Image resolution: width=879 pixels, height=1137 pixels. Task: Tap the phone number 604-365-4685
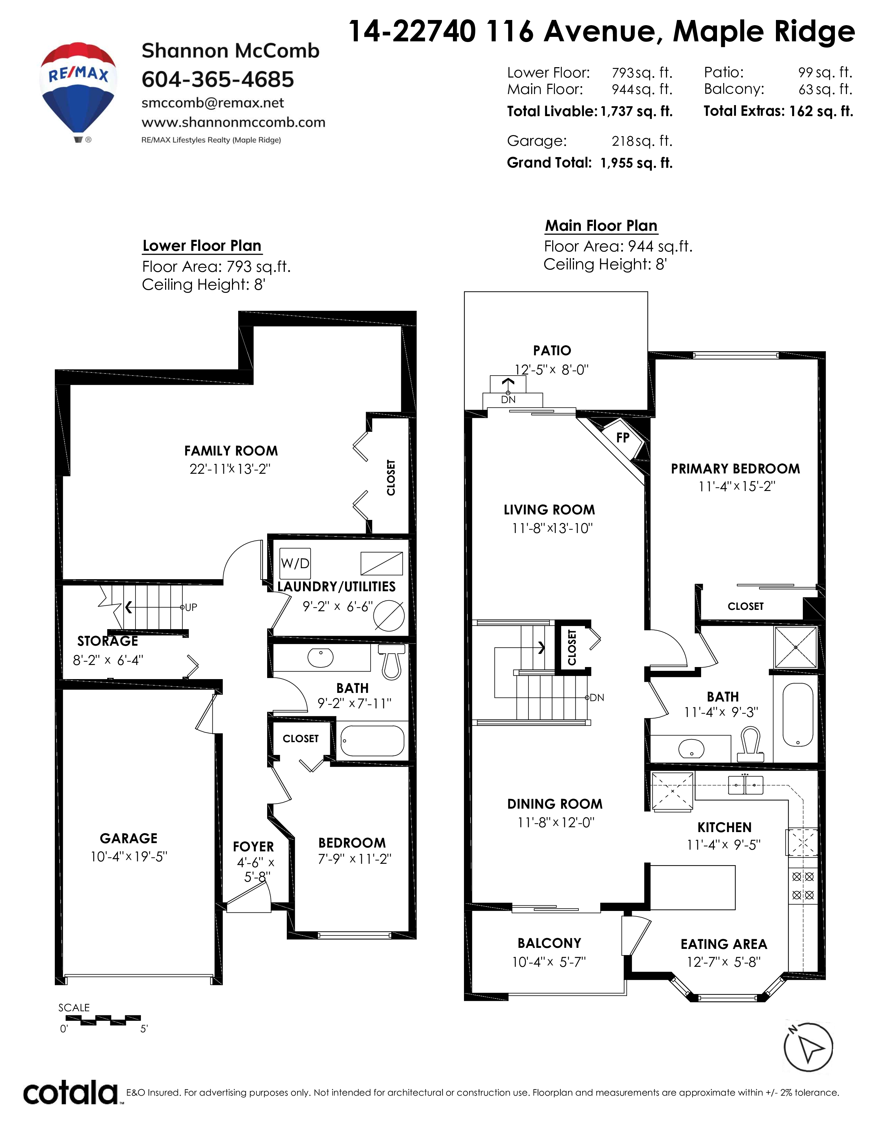pyautogui.click(x=218, y=80)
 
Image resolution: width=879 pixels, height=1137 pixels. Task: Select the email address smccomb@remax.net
pyautogui.click(x=212, y=103)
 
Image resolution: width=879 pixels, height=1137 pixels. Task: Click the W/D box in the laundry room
pyautogui.click(x=295, y=563)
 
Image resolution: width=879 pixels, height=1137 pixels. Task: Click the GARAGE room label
pyautogui.click(x=129, y=838)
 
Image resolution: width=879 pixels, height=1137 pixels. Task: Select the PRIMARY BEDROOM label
pyautogui.click(x=735, y=469)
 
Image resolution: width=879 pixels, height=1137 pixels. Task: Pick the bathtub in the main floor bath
pyautogui.click(x=798, y=715)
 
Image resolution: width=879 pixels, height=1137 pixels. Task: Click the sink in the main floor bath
pyautogui.click(x=691, y=749)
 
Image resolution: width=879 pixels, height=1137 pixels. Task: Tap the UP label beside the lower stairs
pyautogui.click(x=191, y=607)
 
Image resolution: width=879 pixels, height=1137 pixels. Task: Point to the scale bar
pyautogui.click(x=100, y=1018)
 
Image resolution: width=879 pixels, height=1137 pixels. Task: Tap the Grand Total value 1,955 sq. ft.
pyautogui.click(x=636, y=163)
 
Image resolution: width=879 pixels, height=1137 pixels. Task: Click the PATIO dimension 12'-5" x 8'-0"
pyautogui.click(x=552, y=370)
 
